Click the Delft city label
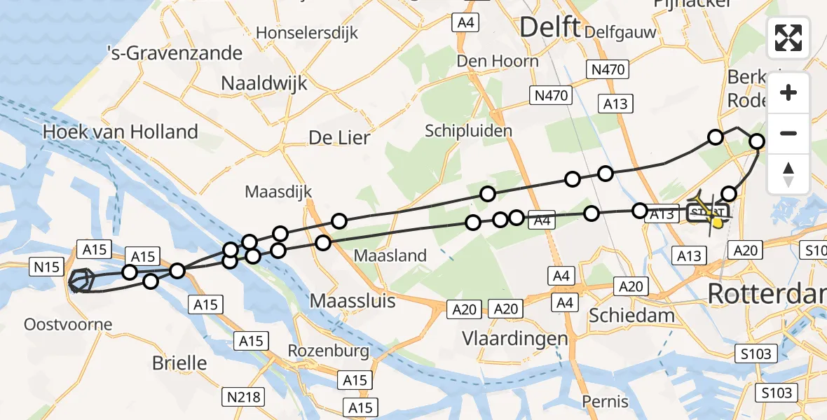point(550,28)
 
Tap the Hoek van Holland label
point(120,132)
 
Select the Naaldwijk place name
point(264,83)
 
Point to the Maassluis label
point(353,302)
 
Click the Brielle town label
point(179,363)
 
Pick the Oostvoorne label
point(68,324)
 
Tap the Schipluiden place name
point(468,131)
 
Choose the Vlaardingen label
point(515,339)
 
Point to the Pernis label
point(605,402)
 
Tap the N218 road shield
point(244,398)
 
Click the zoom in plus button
point(788,92)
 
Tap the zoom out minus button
point(788,133)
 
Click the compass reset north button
point(788,174)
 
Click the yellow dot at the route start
point(718,223)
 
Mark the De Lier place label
point(339,138)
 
